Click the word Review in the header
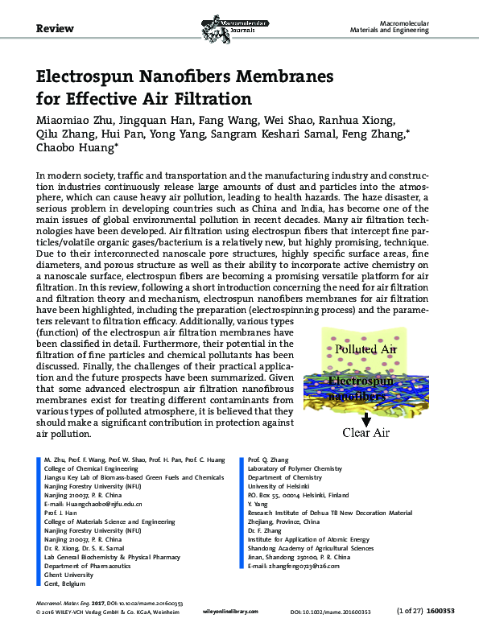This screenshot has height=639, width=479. (x=56, y=28)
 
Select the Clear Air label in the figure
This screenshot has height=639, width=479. (x=367, y=433)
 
